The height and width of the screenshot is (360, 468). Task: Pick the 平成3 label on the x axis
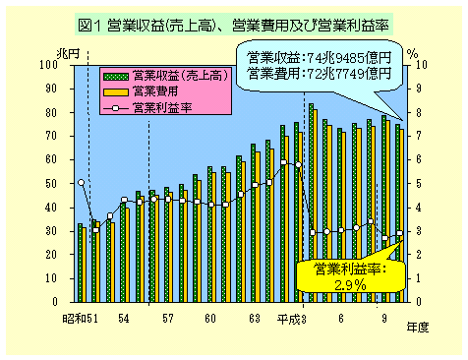click(291, 319)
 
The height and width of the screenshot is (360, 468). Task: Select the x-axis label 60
click(210, 319)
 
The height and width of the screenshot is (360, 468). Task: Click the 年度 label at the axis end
click(418, 328)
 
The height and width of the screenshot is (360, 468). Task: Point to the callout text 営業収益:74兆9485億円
click(320, 57)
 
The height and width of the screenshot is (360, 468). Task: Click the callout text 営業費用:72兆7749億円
click(320, 72)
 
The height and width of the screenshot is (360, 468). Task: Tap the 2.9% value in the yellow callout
click(349, 284)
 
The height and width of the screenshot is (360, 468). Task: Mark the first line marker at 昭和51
click(81, 182)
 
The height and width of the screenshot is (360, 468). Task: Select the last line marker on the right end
click(399, 233)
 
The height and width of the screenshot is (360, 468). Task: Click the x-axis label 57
click(168, 319)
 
